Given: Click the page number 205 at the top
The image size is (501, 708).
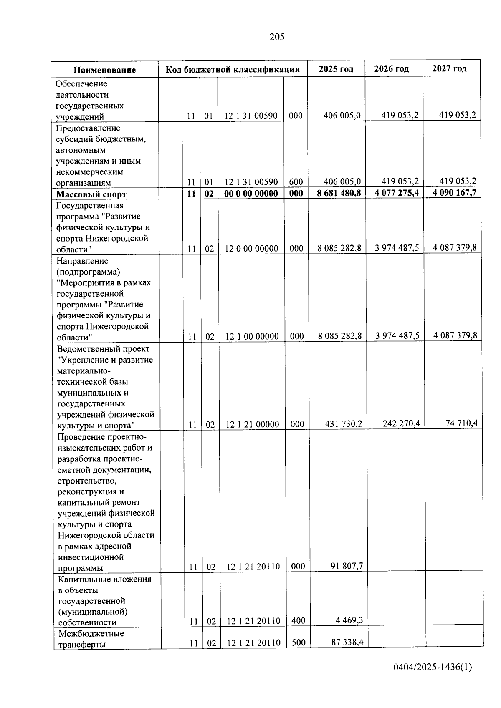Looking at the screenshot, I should click(x=277, y=37).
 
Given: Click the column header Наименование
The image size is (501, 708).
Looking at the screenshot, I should click(x=105, y=70).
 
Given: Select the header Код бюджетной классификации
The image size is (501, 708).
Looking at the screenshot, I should click(x=233, y=69).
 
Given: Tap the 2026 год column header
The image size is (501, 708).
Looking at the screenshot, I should click(x=391, y=69).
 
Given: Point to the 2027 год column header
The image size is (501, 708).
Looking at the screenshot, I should click(x=449, y=68).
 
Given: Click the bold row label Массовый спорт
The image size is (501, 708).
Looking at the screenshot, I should click(x=91, y=194).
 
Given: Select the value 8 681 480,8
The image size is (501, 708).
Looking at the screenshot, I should click(x=339, y=193).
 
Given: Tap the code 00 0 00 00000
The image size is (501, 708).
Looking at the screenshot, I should click(x=251, y=194).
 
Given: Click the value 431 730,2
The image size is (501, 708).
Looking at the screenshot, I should click(x=343, y=424).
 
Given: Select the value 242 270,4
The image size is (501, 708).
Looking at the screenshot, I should click(x=401, y=424).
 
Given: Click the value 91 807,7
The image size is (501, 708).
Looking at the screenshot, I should click(x=347, y=566).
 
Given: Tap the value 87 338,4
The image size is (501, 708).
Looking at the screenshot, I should click(x=347, y=642).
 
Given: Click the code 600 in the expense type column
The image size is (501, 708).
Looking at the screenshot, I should click(x=296, y=182).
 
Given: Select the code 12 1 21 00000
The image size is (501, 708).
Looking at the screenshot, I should click(x=253, y=425).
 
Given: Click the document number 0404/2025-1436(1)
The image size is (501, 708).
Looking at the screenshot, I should click(x=433, y=668).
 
